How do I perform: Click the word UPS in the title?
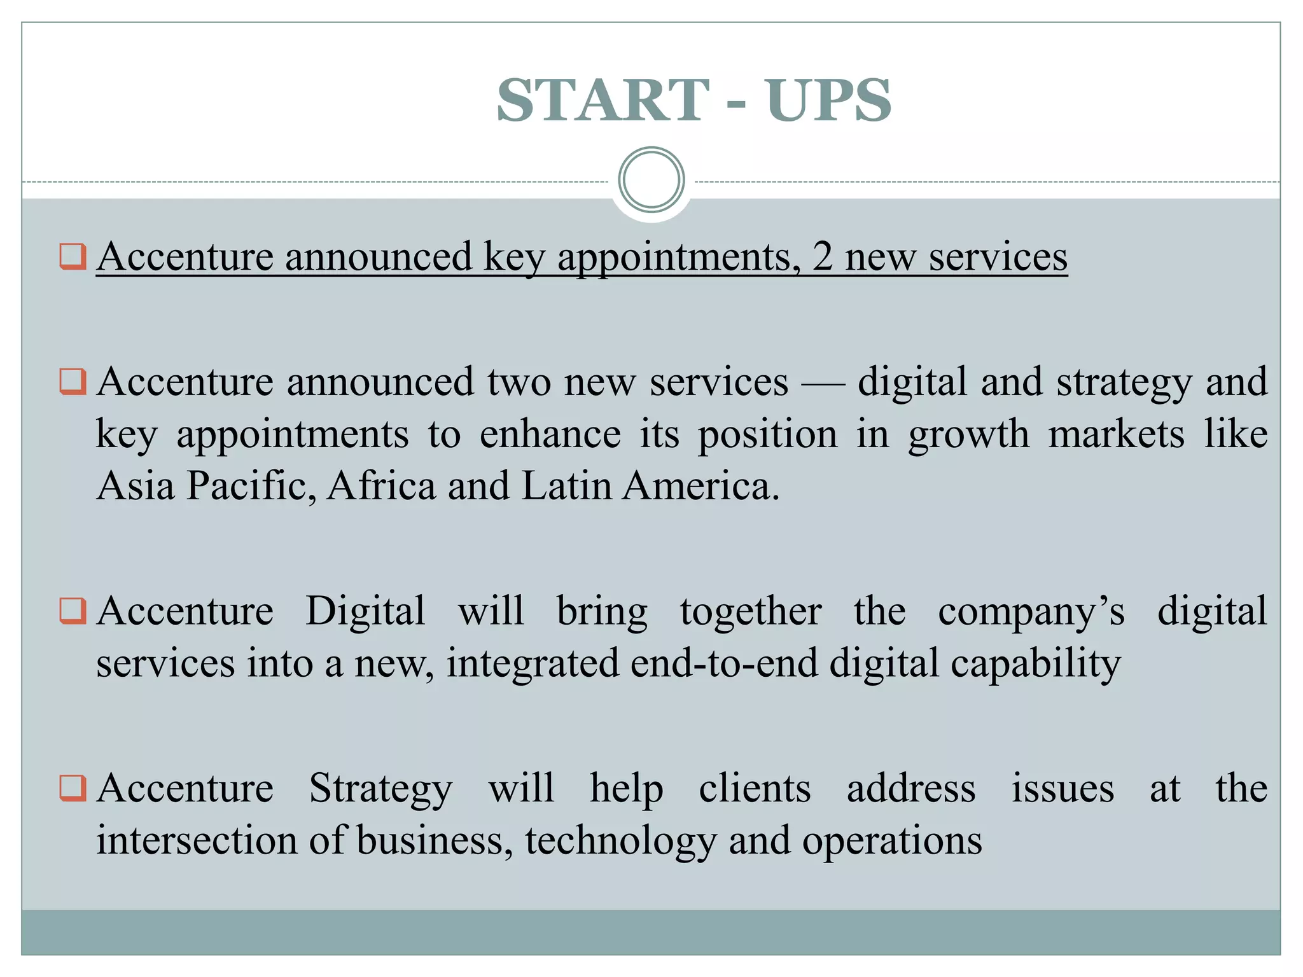click(x=828, y=100)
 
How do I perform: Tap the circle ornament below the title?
click(x=651, y=180)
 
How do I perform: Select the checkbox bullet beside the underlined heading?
click(x=73, y=257)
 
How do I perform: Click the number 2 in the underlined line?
click(x=822, y=257)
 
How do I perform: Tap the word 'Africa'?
click(x=382, y=486)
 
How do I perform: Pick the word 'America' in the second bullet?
click(x=700, y=486)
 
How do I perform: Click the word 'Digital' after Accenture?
click(x=365, y=611)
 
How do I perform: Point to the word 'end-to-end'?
click(x=724, y=663)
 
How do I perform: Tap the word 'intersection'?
click(x=197, y=841)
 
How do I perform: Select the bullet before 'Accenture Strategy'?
click(x=73, y=788)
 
